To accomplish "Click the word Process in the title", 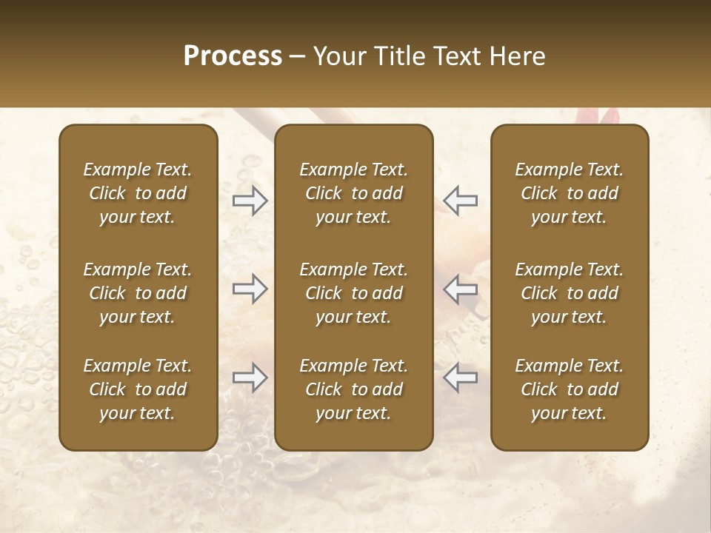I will click(x=233, y=56).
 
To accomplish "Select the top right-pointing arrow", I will click(x=250, y=201).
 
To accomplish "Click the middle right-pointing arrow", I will click(x=250, y=289).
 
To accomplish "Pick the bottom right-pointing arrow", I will click(x=250, y=378).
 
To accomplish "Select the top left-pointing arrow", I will click(x=460, y=201).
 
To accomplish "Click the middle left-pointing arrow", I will click(x=460, y=289).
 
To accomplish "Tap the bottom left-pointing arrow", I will click(x=460, y=378).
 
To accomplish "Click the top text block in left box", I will click(x=138, y=193).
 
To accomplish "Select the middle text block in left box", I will click(x=138, y=293).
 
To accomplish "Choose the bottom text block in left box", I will click(x=138, y=389).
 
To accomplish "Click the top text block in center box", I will click(x=354, y=193).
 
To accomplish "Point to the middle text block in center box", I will click(x=354, y=293).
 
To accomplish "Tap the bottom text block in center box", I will click(x=354, y=389).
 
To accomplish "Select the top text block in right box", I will click(x=570, y=193).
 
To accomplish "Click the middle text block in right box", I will click(x=570, y=293).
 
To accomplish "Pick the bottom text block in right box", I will click(x=570, y=389).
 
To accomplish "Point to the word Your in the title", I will click(x=337, y=56).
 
